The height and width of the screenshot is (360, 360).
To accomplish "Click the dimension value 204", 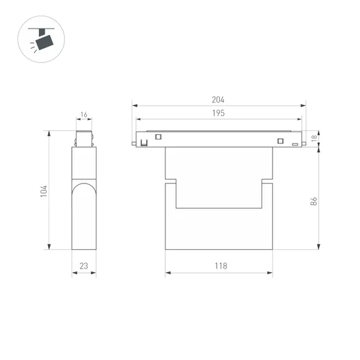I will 218,100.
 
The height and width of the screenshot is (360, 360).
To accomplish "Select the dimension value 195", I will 218,114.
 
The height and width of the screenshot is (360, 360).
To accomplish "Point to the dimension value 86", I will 313,202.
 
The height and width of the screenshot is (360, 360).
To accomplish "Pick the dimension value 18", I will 314,138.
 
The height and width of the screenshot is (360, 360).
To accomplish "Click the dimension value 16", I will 84,115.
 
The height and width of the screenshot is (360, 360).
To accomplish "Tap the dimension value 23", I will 84,267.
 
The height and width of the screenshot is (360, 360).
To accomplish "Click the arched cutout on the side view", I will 84,195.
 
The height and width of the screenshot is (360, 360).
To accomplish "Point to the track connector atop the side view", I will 84,139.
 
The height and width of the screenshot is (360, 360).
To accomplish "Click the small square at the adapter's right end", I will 280,141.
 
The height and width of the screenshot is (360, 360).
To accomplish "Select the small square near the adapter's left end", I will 157,136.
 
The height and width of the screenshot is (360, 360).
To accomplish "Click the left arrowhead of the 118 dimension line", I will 168,273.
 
